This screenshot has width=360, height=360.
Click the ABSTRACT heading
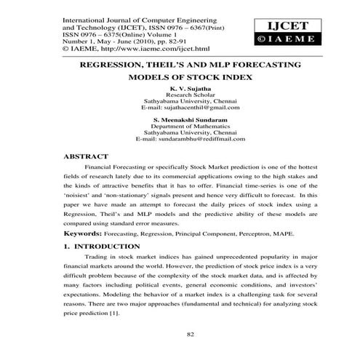click(87, 156)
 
